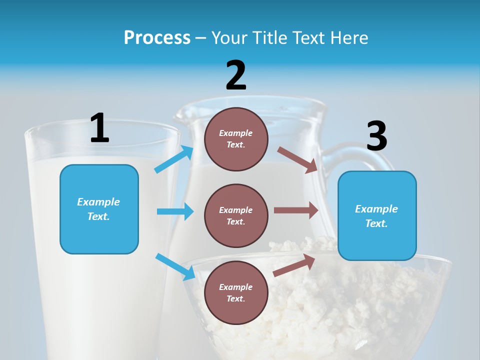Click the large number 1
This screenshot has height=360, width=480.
pyautogui.click(x=99, y=128)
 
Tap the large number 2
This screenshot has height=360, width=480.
pyautogui.click(x=236, y=75)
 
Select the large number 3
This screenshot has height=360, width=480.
pyautogui.click(x=376, y=136)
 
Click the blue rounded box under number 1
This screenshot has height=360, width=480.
pyautogui.click(x=99, y=209)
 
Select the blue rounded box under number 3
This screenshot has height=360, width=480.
pyautogui.click(x=377, y=215)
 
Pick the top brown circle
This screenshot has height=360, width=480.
pyautogui.click(x=236, y=139)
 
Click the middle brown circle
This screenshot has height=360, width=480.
pyautogui.click(x=236, y=215)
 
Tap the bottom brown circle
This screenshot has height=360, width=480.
pyautogui.click(x=236, y=292)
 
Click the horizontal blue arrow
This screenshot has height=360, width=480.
pyautogui.click(x=175, y=211)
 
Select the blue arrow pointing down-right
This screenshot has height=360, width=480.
pyautogui.click(x=175, y=266)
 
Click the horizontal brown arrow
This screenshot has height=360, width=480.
pyautogui.click(x=296, y=210)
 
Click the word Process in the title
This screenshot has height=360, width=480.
pyautogui.click(x=157, y=37)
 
